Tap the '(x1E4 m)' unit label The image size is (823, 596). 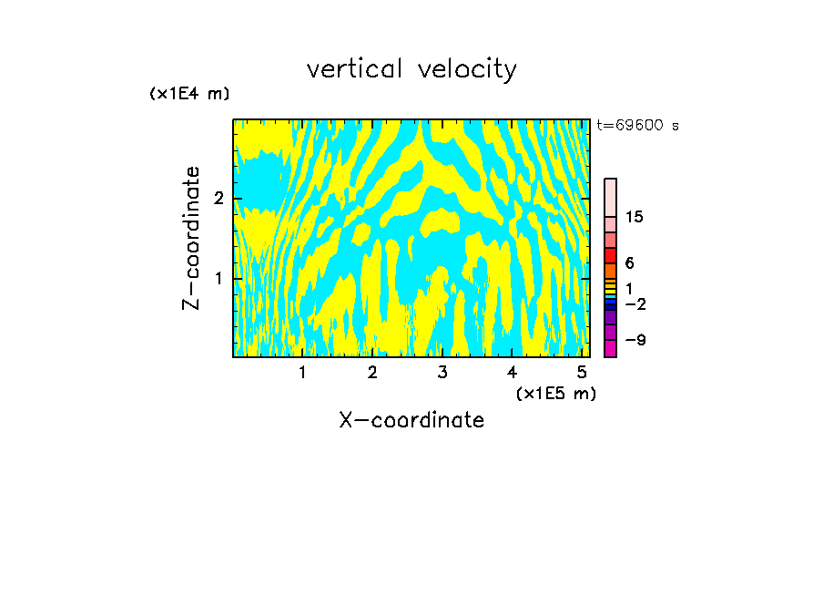coord(189,94)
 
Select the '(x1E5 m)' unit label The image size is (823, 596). coord(555,393)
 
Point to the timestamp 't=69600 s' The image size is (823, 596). coord(637,126)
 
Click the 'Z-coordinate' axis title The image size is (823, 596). coord(191,238)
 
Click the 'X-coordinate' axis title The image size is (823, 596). coord(411,420)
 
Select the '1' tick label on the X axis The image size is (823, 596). coord(303,373)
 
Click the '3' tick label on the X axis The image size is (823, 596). coord(442,373)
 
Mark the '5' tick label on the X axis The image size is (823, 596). coord(582,373)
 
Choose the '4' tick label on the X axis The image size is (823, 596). coord(512,373)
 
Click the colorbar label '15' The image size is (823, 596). coord(635,217)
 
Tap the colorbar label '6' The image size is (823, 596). coord(629,263)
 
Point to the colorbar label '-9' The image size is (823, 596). coord(635,340)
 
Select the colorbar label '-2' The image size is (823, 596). coord(635,303)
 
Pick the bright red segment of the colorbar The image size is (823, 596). coord(610,255)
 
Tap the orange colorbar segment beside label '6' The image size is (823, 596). coord(610,271)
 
